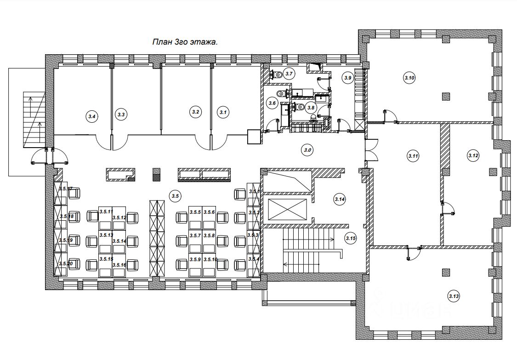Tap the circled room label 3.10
tap(409, 78)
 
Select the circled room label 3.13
tap(454, 296)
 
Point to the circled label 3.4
tap(92, 117)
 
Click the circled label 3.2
tap(195, 112)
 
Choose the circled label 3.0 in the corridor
tap(307, 149)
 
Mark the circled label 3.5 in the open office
tap(175, 196)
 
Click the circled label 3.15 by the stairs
tap(351, 238)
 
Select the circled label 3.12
tap(473, 155)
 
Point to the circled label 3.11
tap(413, 156)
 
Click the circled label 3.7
tap(289, 74)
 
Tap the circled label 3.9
tap(348, 78)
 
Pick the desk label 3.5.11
tap(106, 211)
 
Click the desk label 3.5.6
tap(210, 212)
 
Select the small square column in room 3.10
tap(444, 97)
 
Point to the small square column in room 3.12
tap(493, 172)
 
